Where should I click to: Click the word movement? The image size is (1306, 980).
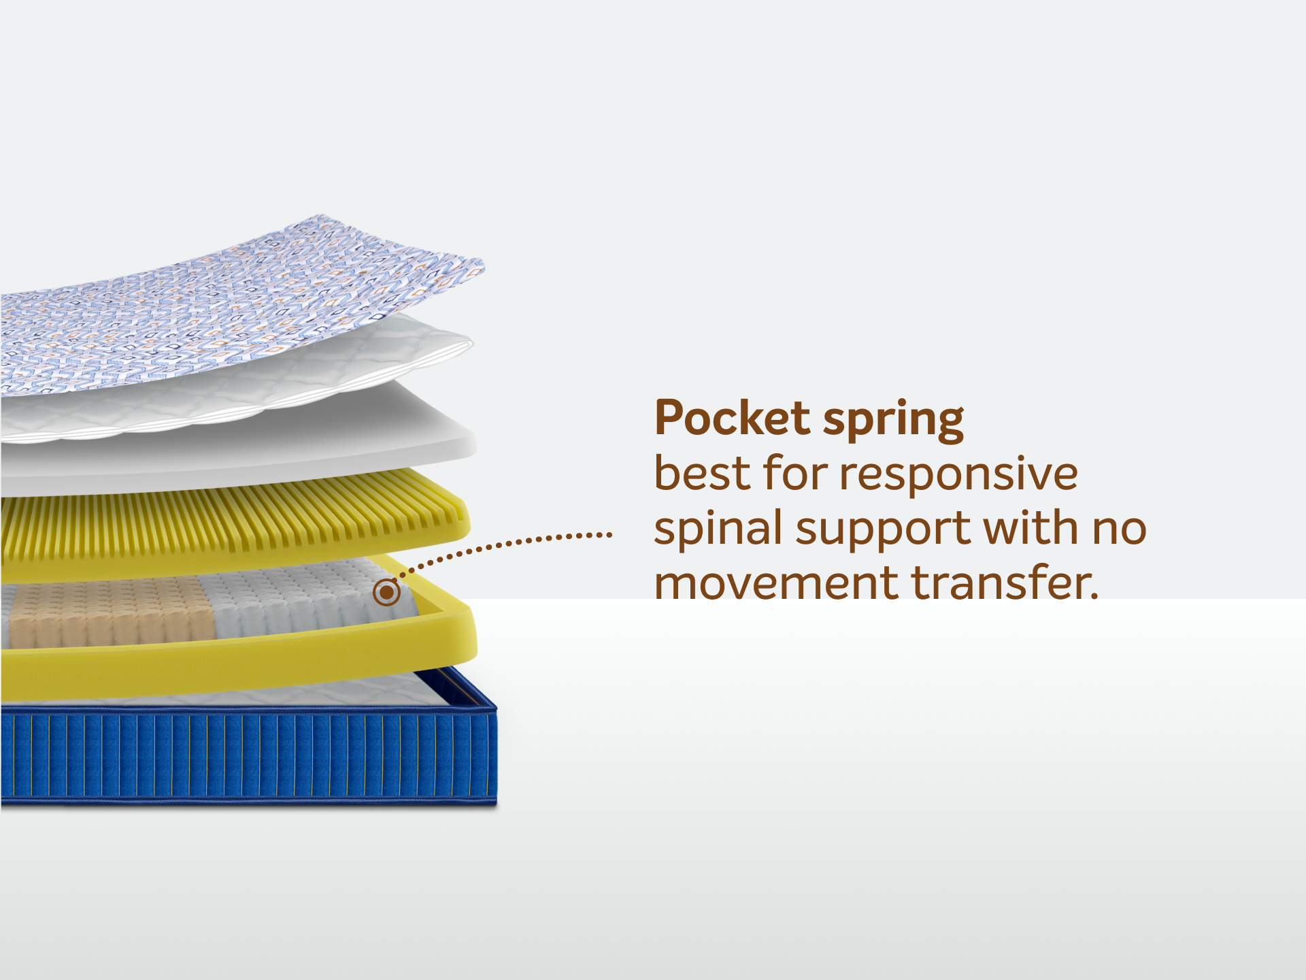(776, 583)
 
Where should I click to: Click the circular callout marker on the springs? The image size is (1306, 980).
(386, 592)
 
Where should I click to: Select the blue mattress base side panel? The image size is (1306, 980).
(248, 755)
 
